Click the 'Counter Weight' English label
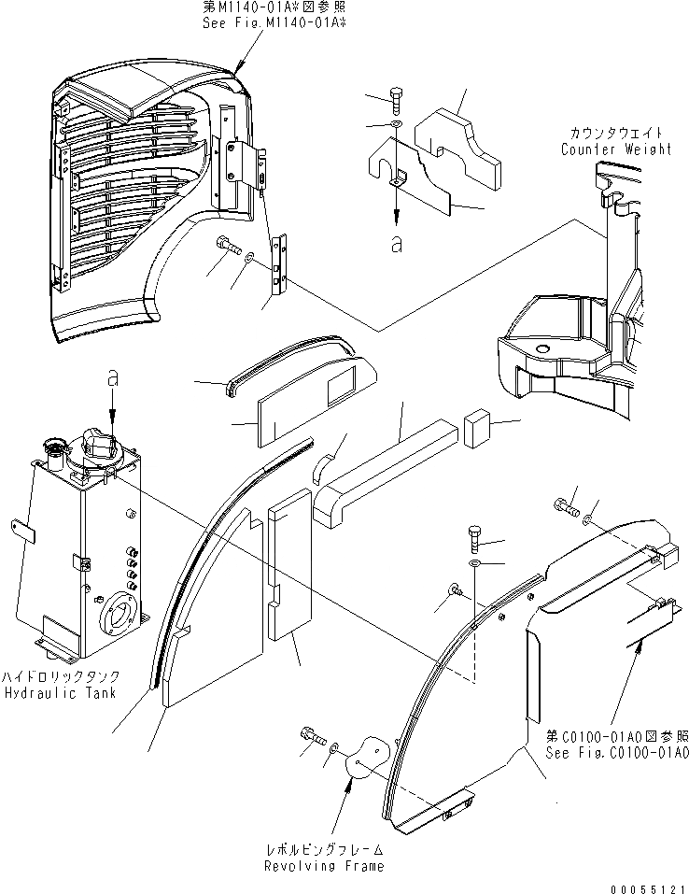pos(616,149)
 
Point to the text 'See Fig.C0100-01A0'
pos(619,753)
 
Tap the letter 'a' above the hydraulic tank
pos(113,380)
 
